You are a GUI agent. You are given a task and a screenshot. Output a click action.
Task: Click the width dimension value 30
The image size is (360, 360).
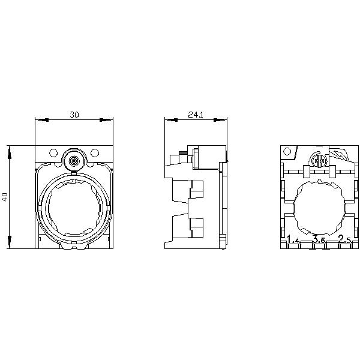pyautogui.click(x=74, y=114)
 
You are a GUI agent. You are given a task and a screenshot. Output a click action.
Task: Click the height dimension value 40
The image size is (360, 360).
pyautogui.click(x=5, y=197)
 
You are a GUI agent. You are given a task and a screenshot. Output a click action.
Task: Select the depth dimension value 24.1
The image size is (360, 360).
pyautogui.click(x=195, y=114)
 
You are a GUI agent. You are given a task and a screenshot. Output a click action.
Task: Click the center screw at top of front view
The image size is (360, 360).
pyautogui.click(x=74, y=161)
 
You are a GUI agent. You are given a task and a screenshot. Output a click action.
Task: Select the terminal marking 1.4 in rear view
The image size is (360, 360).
pyautogui.click(x=293, y=241)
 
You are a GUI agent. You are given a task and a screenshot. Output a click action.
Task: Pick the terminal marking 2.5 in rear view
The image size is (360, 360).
pyautogui.click(x=344, y=241)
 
